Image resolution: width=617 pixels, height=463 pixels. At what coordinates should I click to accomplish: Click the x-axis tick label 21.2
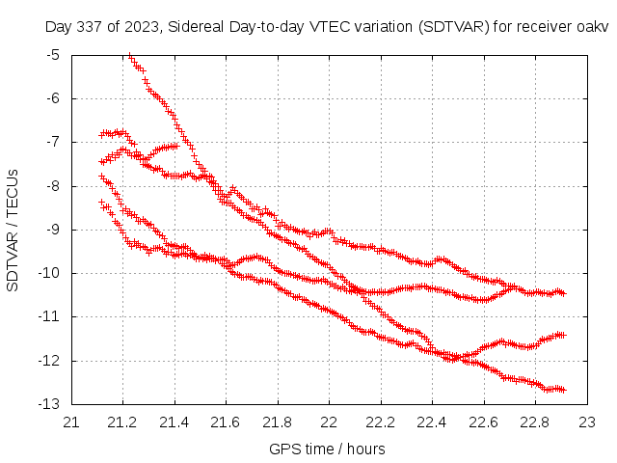pyautogui.click(x=123, y=422)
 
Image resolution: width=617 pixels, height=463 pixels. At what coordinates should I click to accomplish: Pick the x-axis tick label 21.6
pyautogui.click(x=226, y=422)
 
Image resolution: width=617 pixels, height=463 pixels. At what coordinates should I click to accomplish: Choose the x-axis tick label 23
pyautogui.click(x=586, y=422)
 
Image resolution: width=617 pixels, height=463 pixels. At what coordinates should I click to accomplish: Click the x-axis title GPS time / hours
pyautogui.click(x=329, y=449)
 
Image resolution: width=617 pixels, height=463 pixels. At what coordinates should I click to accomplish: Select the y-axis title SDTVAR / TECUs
pyautogui.click(x=13, y=230)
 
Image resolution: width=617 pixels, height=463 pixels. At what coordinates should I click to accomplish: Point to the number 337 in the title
pyautogui.click(x=89, y=26)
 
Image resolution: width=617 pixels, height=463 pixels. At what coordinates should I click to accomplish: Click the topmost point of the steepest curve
pyautogui.click(x=130, y=56)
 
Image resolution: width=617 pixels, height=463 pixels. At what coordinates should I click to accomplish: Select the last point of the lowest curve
pyautogui.click(x=563, y=390)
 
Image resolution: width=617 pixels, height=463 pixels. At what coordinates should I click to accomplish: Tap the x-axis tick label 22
pyautogui.click(x=329, y=422)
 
